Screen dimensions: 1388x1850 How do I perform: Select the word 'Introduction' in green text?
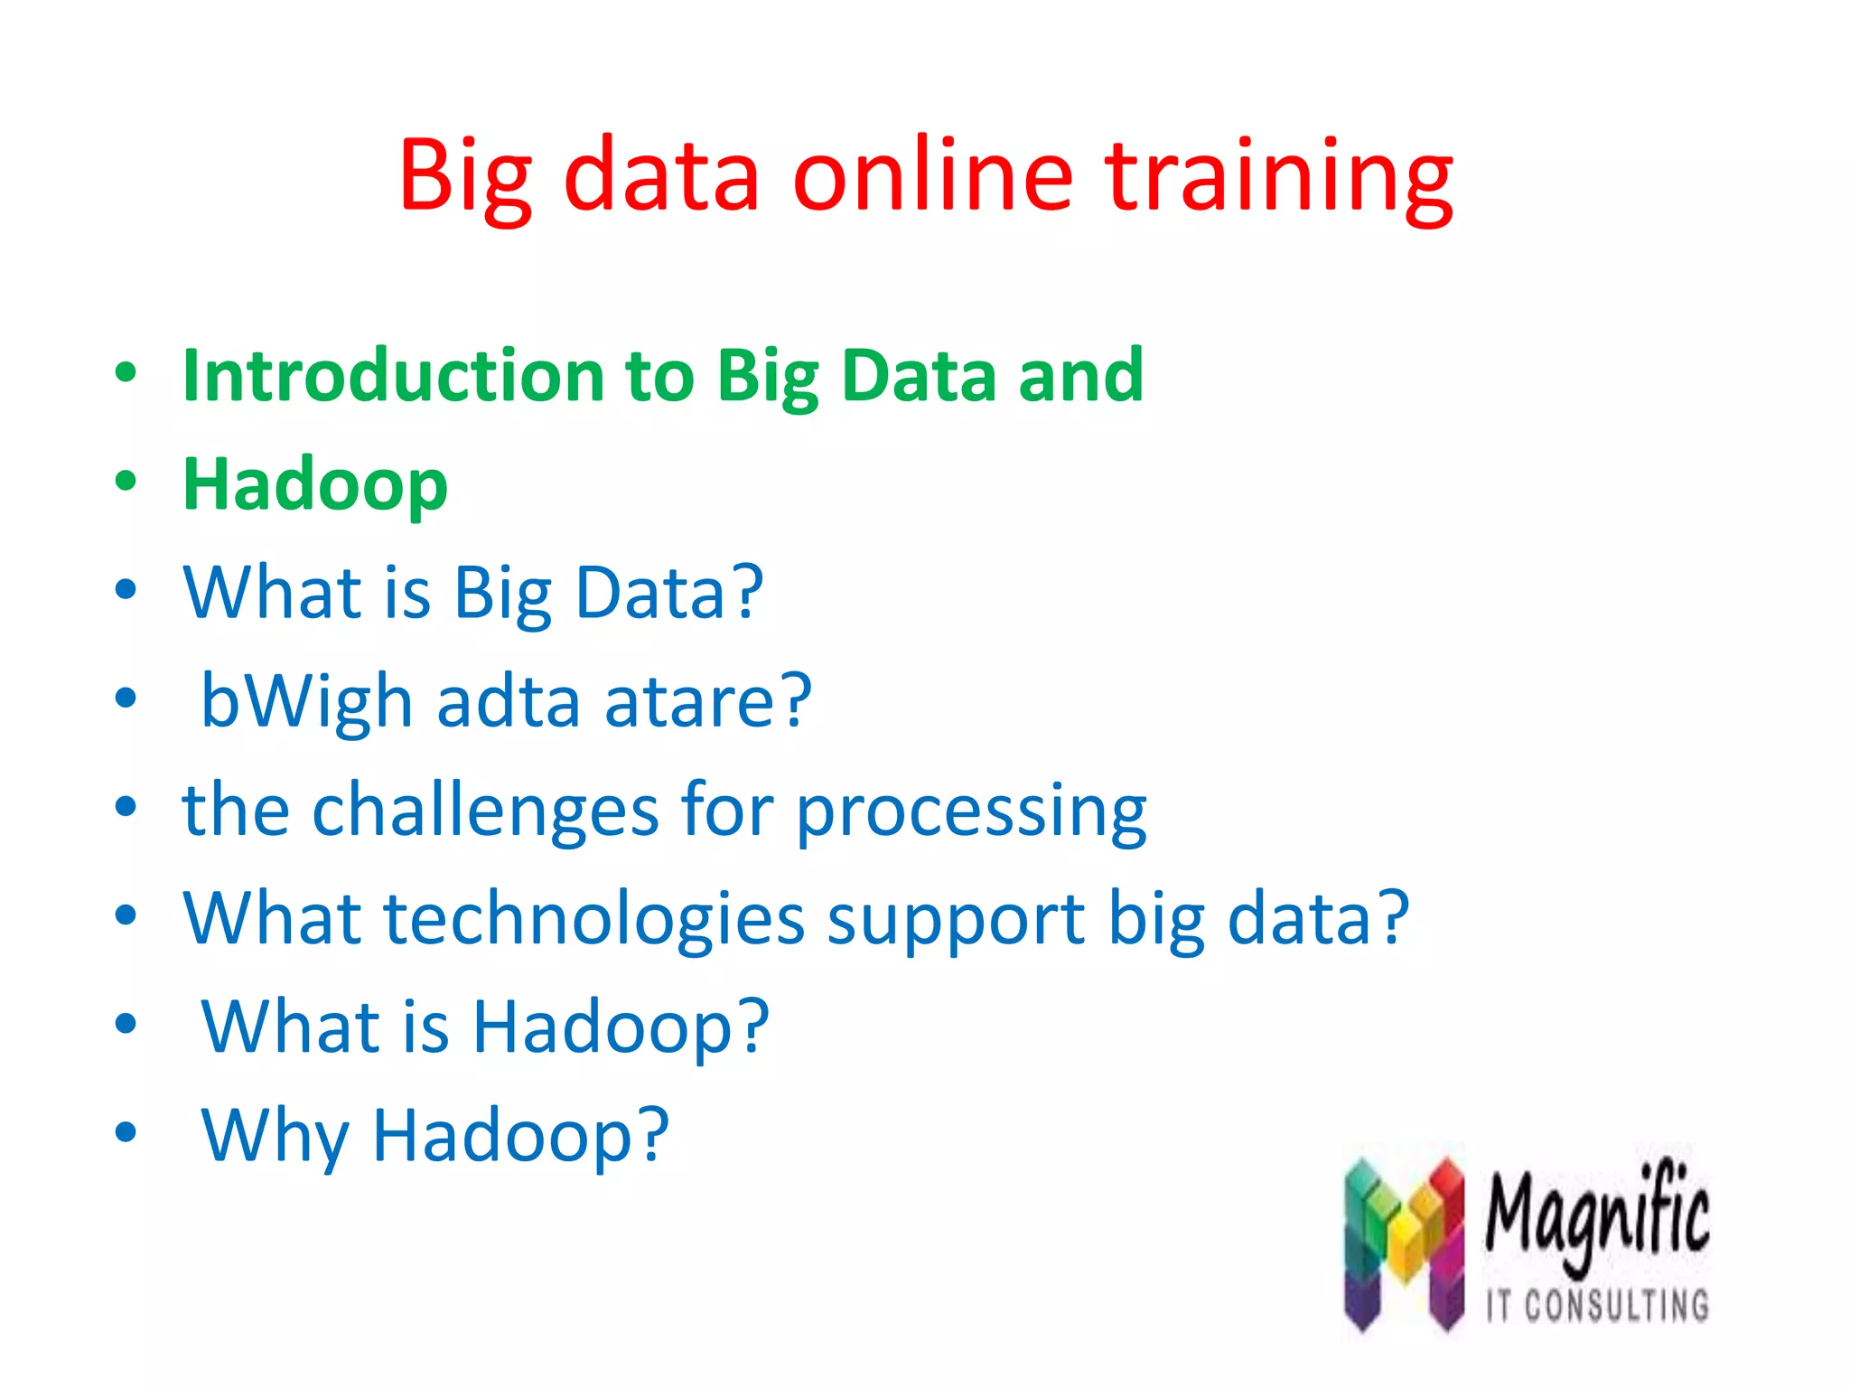[x=393, y=375]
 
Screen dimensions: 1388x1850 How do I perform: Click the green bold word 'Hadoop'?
[x=314, y=485]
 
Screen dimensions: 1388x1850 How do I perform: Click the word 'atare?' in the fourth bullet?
[x=708, y=702]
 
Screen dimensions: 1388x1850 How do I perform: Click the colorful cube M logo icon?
[x=1404, y=1245]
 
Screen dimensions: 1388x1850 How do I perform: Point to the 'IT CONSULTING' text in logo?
[x=1597, y=1306]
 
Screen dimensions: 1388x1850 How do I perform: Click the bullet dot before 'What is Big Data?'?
[x=126, y=590]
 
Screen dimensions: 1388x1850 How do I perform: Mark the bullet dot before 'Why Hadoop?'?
[x=126, y=1132]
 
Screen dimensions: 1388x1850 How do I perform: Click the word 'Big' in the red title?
[x=465, y=176]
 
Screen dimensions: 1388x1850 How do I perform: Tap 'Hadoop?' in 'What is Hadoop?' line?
[x=621, y=1027]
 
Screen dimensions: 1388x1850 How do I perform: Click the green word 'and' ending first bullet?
[x=1080, y=375]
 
